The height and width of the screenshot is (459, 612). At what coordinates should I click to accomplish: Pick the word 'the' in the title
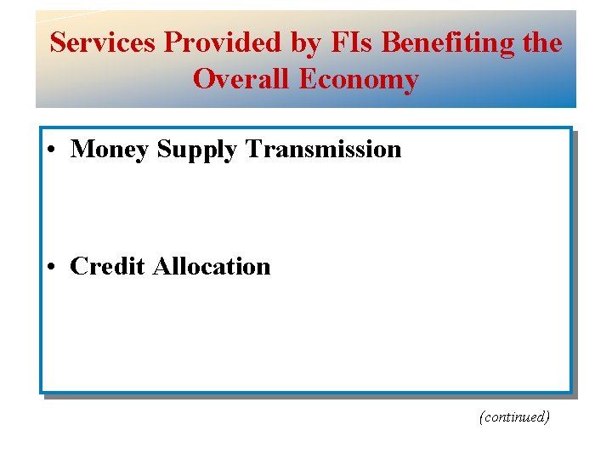click(x=541, y=42)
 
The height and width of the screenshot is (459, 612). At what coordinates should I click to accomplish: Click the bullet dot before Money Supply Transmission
click(x=53, y=150)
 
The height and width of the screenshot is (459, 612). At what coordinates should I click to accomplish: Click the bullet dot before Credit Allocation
click(x=53, y=268)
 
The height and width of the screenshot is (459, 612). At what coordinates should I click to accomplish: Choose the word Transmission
click(x=323, y=149)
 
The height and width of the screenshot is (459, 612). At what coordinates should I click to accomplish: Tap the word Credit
click(x=108, y=266)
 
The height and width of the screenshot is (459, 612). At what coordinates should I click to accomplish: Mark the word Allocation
click(x=212, y=266)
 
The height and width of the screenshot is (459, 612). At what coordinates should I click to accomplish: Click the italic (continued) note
click(x=514, y=417)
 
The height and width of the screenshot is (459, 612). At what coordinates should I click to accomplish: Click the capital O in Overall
click(x=204, y=79)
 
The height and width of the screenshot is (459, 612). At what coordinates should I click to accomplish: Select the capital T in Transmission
click(x=254, y=149)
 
